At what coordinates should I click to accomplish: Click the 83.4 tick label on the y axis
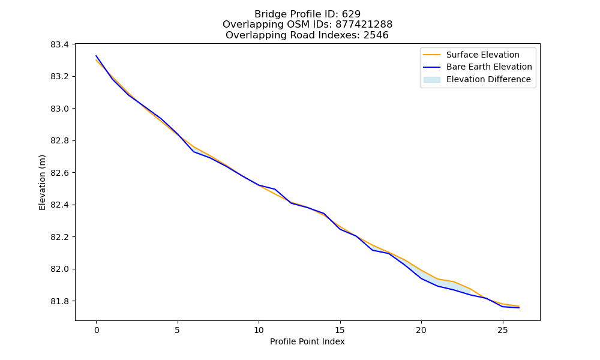[59, 45]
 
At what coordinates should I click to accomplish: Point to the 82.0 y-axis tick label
[59, 269]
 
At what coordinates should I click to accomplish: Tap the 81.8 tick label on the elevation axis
[59, 301]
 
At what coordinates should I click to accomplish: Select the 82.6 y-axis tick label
[59, 173]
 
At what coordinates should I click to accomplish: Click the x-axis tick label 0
[97, 330]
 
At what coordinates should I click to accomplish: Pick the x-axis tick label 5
[178, 330]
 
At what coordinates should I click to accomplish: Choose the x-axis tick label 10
[259, 330]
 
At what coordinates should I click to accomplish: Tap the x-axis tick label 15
[340, 330]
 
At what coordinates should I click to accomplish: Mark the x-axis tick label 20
[421, 330]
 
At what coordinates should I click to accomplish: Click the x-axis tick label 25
[502, 330]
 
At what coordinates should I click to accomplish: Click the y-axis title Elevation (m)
[42, 182]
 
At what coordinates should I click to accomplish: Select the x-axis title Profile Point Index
[307, 341]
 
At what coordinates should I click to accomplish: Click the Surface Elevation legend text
[483, 55]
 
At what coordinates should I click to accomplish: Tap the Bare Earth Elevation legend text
[489, 67]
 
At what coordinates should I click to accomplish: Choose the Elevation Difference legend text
[488, 80]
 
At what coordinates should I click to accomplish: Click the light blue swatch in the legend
[431, 80]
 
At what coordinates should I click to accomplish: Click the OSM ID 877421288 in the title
[364, 25]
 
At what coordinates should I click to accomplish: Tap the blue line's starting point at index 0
[96, 56]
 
